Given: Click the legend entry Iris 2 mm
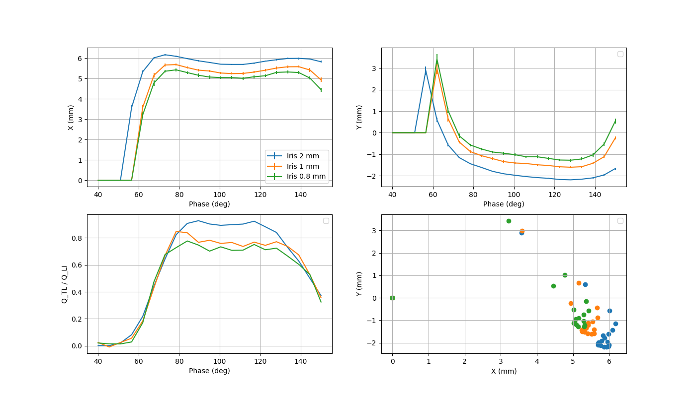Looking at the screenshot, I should click(x=303, y=156).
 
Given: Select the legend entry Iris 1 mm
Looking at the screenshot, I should click(x=303, y=166).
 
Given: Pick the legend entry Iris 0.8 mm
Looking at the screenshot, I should click(x=306, y=176).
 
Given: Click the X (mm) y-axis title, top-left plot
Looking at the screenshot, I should click(x=71, y=118).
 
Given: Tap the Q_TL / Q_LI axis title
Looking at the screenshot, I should click(x=65, y=284).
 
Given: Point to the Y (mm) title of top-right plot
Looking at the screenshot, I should click(x=359, y=118).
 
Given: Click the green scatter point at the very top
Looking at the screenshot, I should click(x=509, y=221).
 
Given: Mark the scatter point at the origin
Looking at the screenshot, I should click(x=392, y=298).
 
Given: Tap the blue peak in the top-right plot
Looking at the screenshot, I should click(x=426, y=71).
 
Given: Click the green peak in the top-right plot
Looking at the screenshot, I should click(x=437, y=61).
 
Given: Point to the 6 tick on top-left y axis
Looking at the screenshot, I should click(x=80, y=59).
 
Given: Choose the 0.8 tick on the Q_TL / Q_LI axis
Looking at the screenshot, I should click(x=76, y=238).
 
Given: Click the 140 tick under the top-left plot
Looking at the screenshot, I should click(x=300, y=194).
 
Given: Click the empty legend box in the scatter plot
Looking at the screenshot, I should click(x=620, y=221).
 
